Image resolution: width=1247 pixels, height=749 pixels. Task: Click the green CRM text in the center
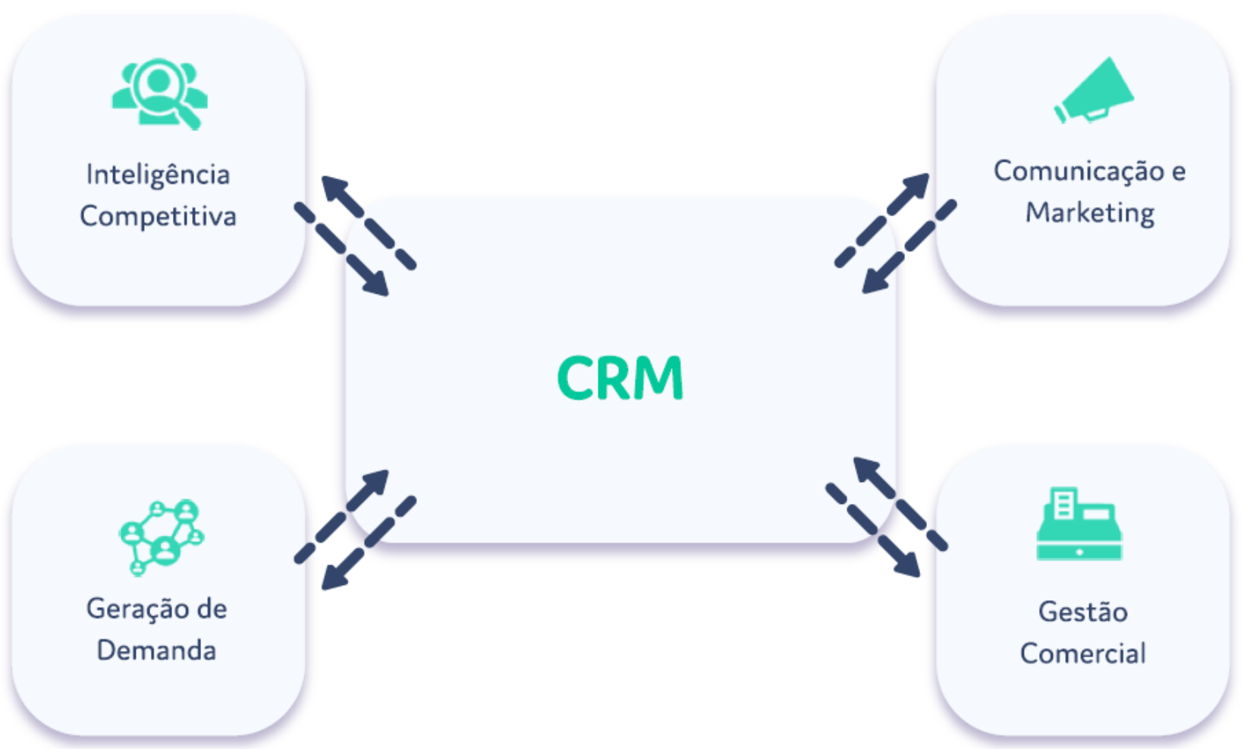[x=620, y=377]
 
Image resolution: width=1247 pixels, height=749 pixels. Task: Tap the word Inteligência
[x=158, y=175]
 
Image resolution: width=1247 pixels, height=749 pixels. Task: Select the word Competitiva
[x=158, y=216]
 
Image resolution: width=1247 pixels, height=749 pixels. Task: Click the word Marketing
[x=1089, y=212]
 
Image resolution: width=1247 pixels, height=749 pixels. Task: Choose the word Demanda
[x=156, y=650]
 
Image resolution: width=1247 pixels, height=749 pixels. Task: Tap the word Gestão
[x=1082, y=612]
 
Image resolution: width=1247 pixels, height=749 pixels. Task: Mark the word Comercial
[x=1082, y=653]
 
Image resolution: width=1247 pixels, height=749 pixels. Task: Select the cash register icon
[x=1079, y=525]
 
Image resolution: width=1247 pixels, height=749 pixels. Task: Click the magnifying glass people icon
[x=160, y=93]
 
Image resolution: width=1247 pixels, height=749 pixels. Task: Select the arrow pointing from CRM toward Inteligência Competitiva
[x=368, y=222]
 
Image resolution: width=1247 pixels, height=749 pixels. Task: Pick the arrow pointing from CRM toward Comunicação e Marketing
[x=882, y=220]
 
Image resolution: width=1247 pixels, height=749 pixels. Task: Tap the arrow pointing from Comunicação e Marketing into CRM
[x=909, y=247]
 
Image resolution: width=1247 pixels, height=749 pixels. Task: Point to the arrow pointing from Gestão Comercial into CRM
[x=900, y=502]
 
